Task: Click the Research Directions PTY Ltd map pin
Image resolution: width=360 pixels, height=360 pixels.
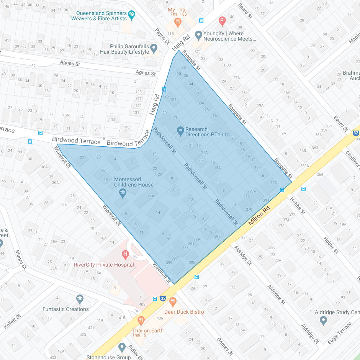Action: [180, 131]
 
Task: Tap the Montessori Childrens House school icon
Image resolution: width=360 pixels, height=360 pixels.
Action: [123, 193]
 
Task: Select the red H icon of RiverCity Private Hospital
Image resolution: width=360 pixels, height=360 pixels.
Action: [125, 254]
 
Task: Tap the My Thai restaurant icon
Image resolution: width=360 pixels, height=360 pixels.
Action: [177, 22]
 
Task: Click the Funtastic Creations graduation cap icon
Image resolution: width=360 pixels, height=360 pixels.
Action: [80, 299]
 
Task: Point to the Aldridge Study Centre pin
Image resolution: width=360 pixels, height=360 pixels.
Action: [323, 320]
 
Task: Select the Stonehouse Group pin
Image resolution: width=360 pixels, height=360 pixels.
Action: [122, 347]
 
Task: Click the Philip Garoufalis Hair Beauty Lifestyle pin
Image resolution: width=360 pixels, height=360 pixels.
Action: [154, 48]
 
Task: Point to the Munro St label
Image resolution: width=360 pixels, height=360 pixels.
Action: [21, 259]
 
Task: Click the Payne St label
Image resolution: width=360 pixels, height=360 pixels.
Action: [162, 36]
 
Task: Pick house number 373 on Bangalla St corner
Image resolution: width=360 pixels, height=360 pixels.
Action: [273, 183]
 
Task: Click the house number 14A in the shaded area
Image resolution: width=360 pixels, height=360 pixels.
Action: [151, 196]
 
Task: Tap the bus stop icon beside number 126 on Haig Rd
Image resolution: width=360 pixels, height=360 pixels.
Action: [164, 89]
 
